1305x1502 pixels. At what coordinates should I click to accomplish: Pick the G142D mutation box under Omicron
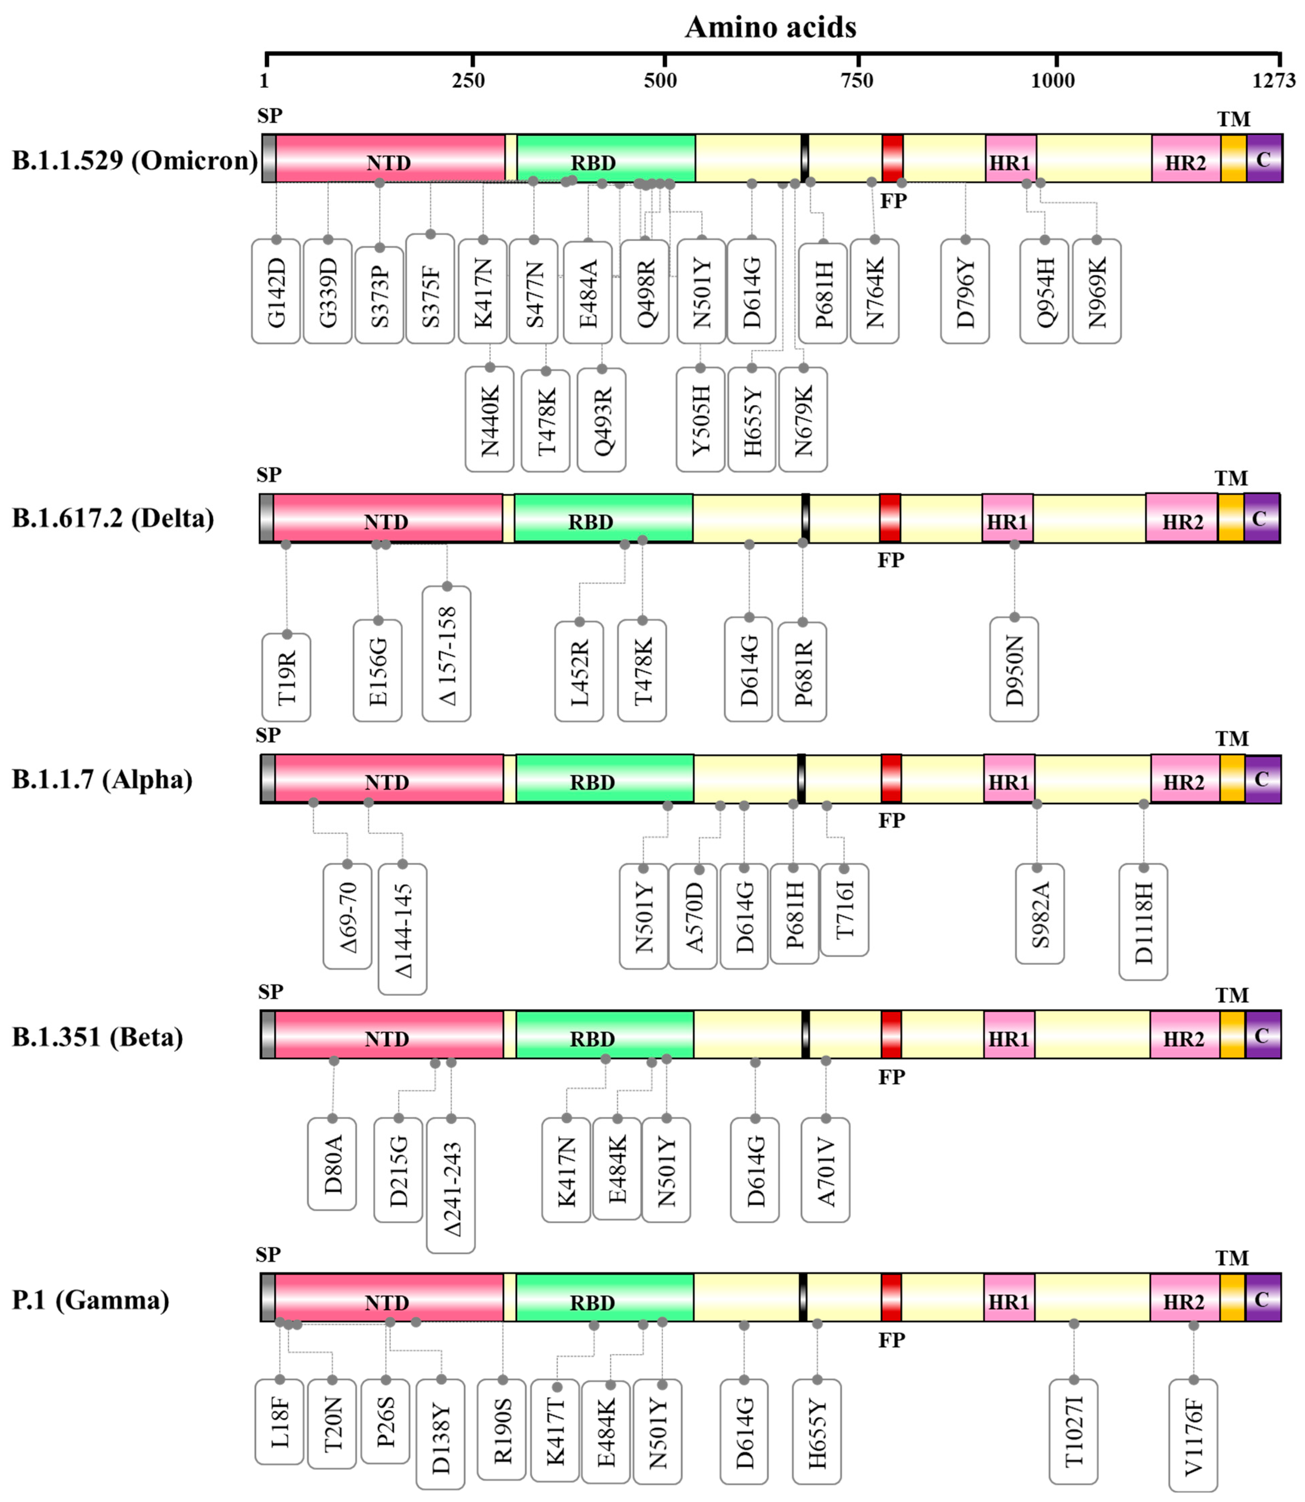coord(276,291)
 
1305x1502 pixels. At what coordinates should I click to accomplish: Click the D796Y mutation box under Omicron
coord(965,291)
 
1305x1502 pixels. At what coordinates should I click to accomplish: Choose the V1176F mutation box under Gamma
coord(1193,1435)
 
